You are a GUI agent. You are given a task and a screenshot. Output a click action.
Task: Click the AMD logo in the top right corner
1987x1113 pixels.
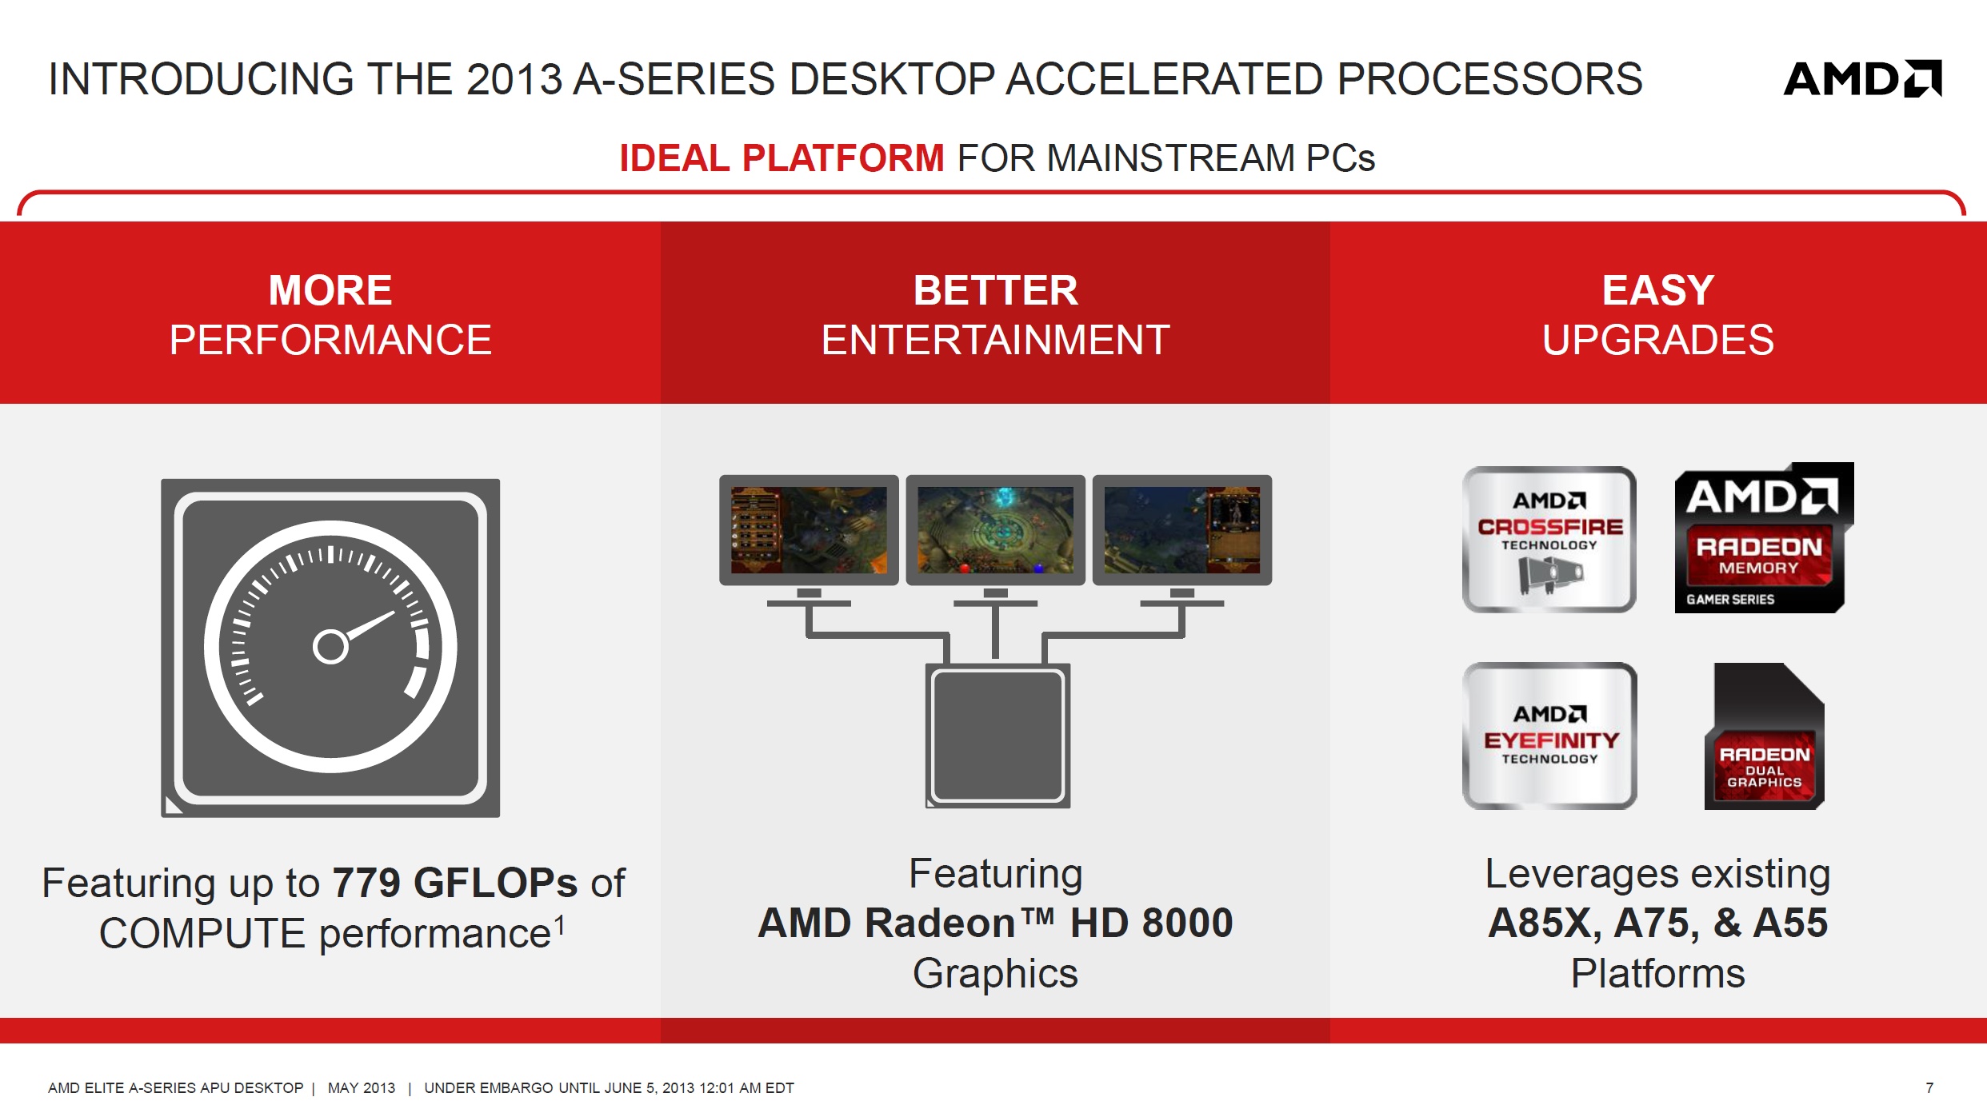tap(1863, 78)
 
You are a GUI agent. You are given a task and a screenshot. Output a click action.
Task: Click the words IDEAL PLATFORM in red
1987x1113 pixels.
tap(782, 158)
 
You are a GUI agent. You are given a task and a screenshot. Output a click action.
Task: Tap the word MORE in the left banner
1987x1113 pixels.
tap(330, 289)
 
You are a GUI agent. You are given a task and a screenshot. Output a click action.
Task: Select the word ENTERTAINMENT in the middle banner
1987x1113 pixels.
tap(995, 340)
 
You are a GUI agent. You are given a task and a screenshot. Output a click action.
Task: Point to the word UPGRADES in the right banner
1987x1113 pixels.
tap(1657, 340)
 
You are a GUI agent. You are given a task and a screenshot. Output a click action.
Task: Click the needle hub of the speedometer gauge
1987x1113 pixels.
tap(330, 647)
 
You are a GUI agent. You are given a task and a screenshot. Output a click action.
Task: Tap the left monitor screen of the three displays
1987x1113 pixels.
tap(809, 530)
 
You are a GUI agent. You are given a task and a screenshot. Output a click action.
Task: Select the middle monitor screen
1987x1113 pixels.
tap(995, 530)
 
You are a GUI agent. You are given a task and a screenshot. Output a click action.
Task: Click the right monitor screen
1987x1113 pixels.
tap(1182, 530)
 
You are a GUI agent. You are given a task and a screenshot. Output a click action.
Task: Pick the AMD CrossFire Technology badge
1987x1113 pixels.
tap(1549, 540)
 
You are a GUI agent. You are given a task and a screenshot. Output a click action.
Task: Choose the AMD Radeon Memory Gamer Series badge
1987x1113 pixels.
tap(1764, 538)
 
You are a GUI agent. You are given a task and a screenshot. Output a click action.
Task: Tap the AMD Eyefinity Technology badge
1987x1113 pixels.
tap(1549, 736)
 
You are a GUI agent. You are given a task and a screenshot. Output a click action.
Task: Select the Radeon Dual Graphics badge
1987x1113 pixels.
tap(1764, 736)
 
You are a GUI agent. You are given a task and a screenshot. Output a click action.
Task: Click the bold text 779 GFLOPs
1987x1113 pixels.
tap(454, 884)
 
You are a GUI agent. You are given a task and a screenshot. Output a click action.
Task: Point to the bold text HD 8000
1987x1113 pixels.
tap(1152, 923)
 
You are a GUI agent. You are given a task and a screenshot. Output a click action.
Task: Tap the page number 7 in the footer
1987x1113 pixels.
tap(1929, 1087)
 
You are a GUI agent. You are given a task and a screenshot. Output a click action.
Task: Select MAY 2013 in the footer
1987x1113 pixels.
tap(362, 1087)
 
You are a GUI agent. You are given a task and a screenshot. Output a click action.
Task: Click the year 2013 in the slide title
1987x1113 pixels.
tap(514, 79)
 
